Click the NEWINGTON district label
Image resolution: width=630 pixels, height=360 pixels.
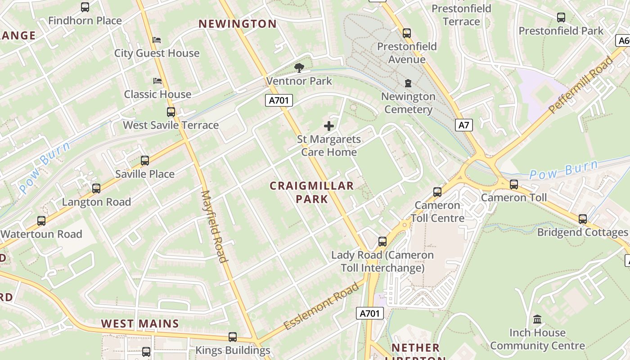[238, 24]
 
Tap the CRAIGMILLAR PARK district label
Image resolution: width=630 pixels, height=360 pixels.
[312, 192]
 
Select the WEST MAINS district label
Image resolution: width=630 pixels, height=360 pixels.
[140, 324]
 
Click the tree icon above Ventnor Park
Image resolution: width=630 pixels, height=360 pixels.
[299, 68]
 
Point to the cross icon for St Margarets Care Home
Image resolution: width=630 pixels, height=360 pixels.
[329, 126]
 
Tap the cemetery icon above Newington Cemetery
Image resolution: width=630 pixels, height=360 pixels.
[408, 83]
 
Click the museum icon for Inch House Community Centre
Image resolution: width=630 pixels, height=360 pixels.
[537, 319]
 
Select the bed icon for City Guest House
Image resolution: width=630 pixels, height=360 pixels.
[157, 40]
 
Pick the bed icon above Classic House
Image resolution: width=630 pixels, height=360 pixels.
[157, 81]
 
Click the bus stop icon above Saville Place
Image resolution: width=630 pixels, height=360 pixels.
[145, 161]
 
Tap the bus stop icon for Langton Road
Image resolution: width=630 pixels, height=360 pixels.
[96, 189]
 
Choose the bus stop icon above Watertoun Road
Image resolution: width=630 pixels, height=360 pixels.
[41, 221]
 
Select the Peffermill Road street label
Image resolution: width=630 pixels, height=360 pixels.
[581, 85]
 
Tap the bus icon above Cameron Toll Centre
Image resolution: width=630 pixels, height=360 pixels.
[437, 192]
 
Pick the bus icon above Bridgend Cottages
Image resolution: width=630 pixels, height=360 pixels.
[583, 219]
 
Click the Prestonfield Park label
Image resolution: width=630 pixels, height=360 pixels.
[561, 31]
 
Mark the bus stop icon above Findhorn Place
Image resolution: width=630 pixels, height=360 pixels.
[85, 7]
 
